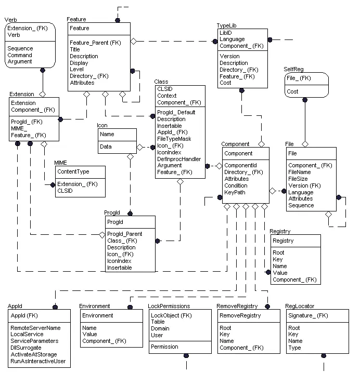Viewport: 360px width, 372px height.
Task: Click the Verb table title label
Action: pyautogui.click(x=11, y=19)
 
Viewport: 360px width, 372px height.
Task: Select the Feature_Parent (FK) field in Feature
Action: pyautogui.click(x=95, y=43)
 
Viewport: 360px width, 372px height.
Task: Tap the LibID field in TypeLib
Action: pyautogui.click(x=226, y=32)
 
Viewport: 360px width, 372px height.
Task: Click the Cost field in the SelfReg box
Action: pyautogui.click(x=292, y=91)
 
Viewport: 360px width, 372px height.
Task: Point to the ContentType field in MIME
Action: pyautogui.click(x=73, y=171)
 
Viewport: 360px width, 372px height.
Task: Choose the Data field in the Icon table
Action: pyautogui.click(x=106, y=147)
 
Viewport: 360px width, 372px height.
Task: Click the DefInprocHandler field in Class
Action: pyautogui.click(x=179, y=159)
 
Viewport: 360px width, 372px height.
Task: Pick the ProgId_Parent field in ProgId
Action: pyautogui.click(x=125, y=234)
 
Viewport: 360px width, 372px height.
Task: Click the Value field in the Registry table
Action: pyautogui.click(x=280, y=273)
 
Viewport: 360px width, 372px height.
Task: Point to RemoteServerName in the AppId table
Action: pyautogui.click(x=35, y=328)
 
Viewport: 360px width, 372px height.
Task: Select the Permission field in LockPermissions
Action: pyautogui.click(x=165, y=347)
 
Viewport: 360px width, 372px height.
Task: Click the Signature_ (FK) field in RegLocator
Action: pyautogui.click(x=308, y=315)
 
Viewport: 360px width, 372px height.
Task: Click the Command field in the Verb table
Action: pyautogui.click(x=20, y=55)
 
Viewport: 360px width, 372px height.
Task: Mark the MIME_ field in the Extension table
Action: pyautogui.click(x=19, y=128)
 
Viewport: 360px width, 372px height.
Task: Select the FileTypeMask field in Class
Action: pyautogui.click(x=174, y=139)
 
